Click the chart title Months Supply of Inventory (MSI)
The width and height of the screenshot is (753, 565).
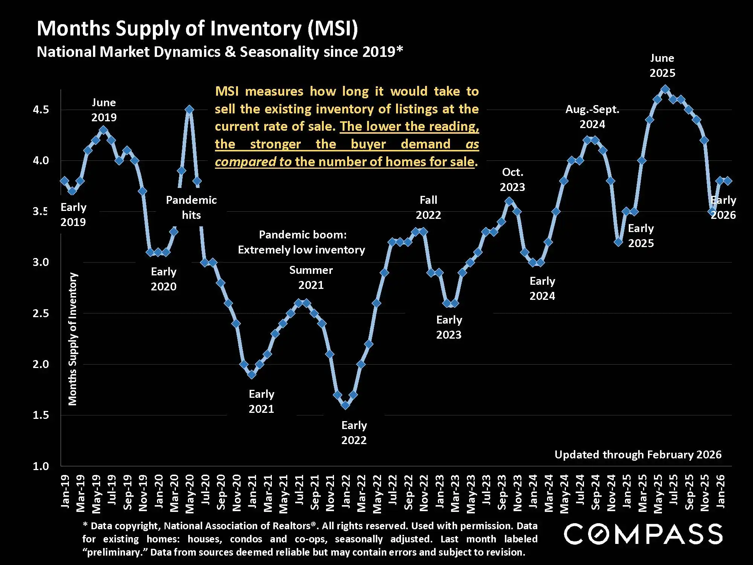pos(197,29)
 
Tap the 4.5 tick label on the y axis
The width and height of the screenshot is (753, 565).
pos(41,110)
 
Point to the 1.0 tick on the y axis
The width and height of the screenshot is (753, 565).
pos(41,466)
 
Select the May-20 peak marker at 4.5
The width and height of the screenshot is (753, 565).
pos(189,110)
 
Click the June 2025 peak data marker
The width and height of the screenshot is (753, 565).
pos(665,89)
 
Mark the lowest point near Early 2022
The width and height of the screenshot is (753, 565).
pos(345,405)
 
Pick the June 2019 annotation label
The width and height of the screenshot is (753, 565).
pos(104,110)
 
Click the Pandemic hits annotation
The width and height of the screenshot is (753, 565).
pos(191,208)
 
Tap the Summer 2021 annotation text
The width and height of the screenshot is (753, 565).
pos(311,278)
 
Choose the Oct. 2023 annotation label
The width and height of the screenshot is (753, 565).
pos(512,180)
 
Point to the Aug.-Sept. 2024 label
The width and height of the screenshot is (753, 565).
pos(592,117)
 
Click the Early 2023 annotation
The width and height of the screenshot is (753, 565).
pos(449,327)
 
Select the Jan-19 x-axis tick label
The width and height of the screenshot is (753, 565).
pos(65,491)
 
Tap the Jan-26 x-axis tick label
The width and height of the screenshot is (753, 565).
pos(720,491)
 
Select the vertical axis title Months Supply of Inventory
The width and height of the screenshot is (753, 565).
pos(73,339)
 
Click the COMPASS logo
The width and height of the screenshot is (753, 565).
pos(643,534)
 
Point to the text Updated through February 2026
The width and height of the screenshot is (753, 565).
pos(638,455)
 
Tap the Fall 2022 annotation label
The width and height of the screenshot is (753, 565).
pos(428,208)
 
